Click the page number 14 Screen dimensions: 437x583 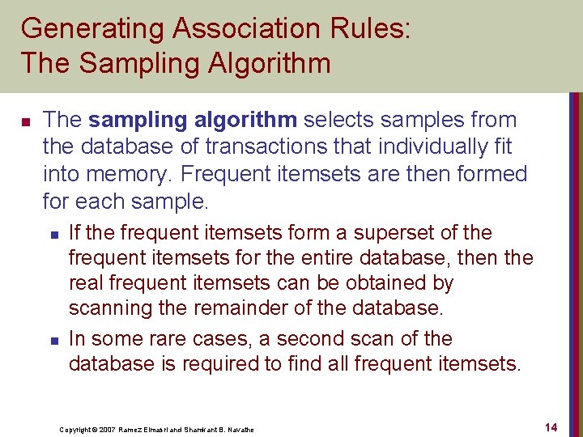pos(551,426)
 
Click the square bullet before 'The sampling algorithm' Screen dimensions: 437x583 pos(25,122)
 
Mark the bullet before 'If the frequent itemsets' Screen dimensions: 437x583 pos(53,235)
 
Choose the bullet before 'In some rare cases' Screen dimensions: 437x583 pos(53,340)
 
